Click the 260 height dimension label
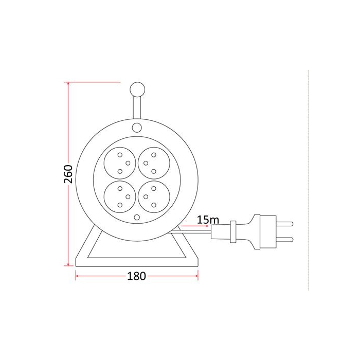point(68,174)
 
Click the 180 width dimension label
point(136,276)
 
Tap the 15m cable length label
point(208,220)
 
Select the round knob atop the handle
point(137,89)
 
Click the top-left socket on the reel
point(120,163)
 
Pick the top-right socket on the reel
point(154,163)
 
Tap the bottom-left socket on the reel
point(120,197)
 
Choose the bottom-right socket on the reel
point(154,197)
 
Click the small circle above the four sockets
point(137,128)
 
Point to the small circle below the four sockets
point(137,217)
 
